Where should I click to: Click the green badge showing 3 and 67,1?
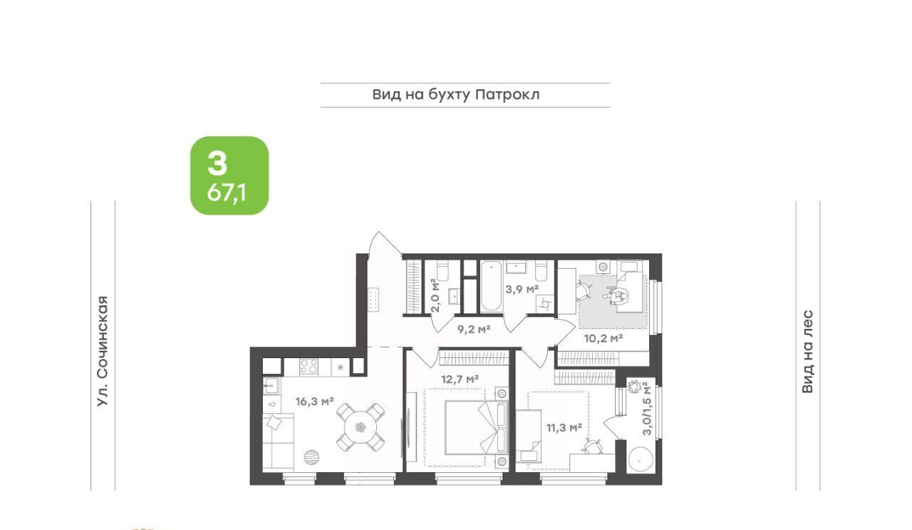229,175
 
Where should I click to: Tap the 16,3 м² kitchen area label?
315,402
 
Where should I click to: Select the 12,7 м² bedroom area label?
460,379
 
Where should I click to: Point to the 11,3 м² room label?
564,428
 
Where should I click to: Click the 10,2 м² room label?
603,338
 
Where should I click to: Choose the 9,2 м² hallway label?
474,329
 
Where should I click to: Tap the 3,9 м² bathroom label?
522,289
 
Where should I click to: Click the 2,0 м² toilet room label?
435,295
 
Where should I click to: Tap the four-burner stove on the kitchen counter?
309,367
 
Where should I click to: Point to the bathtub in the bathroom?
491,287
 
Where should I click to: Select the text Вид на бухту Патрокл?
456,95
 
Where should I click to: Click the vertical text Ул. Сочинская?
103,351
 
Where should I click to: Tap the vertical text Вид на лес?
807,352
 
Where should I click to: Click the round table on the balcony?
641,459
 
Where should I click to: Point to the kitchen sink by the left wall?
271,385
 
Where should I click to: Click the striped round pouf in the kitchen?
312,457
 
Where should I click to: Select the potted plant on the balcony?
634,386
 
